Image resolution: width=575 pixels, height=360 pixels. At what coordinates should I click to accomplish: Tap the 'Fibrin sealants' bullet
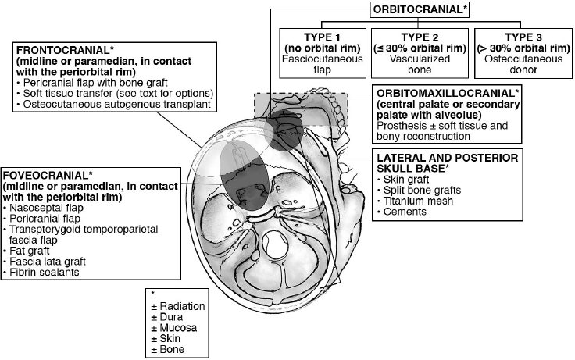[44, 273]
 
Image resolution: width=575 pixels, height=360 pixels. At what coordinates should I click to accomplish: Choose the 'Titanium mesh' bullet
[411, 201]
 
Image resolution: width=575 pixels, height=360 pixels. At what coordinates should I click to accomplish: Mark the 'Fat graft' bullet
[32, 251]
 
